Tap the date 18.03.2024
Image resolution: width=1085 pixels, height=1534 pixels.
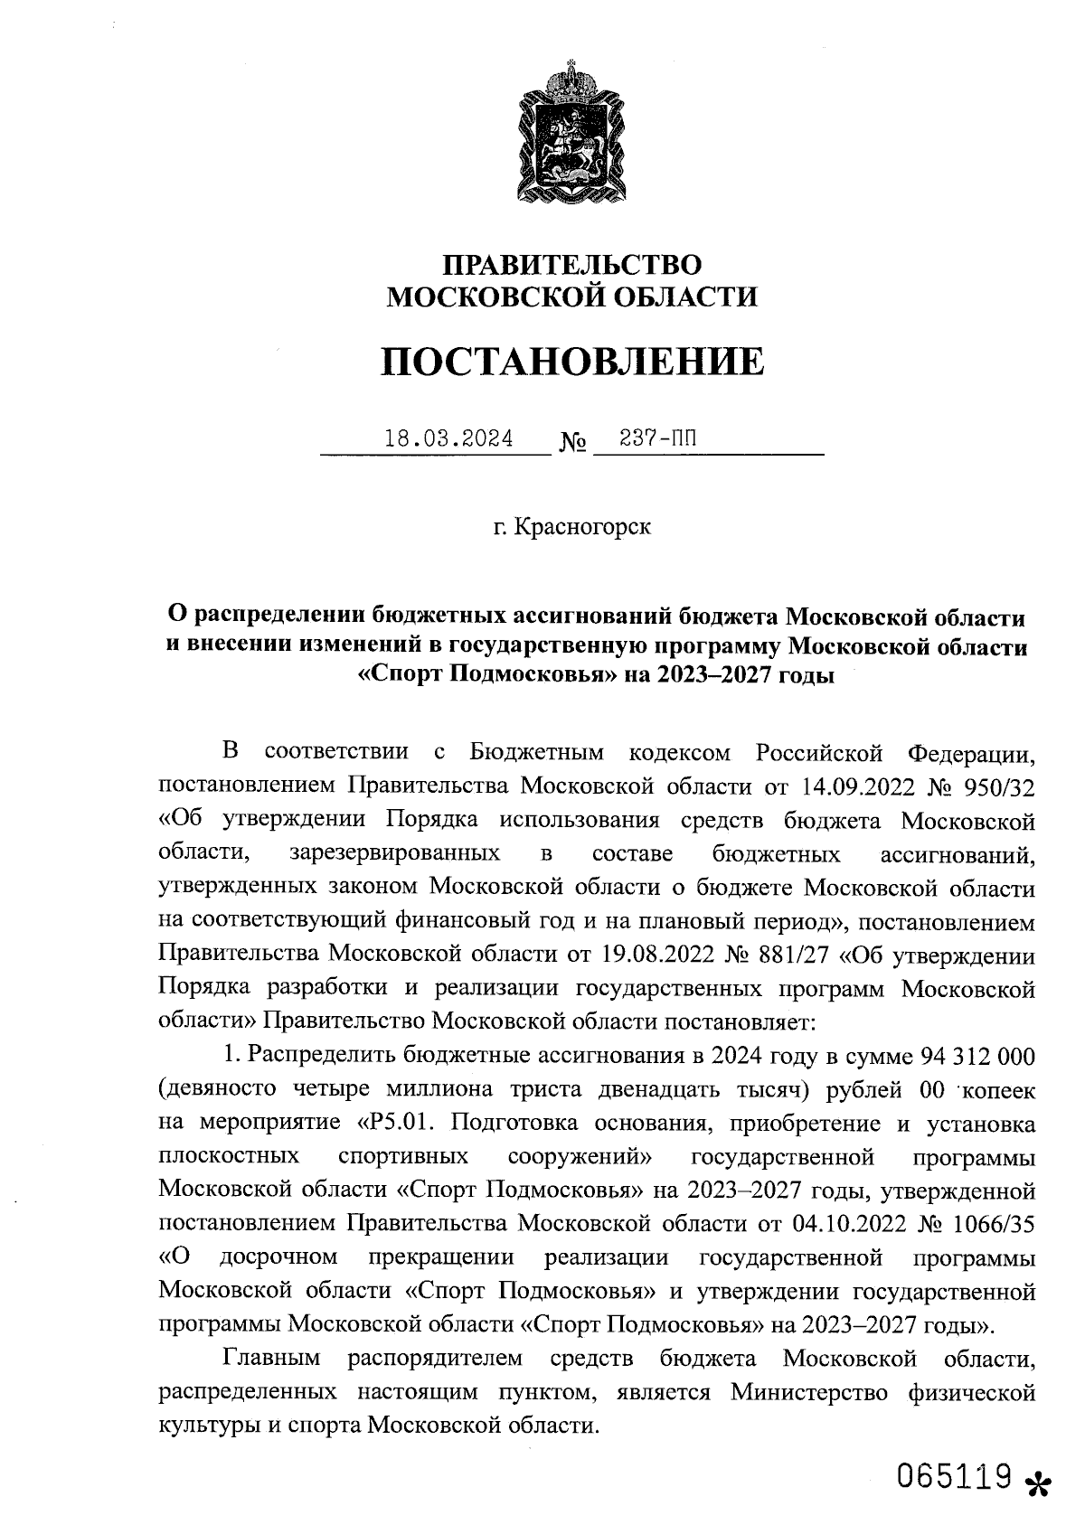(448, 439)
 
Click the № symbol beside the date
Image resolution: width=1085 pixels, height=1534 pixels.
(573, 443)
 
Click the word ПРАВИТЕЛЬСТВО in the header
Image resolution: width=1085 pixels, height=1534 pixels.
(571, 265)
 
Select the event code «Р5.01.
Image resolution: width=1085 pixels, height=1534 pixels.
(394, 1124)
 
